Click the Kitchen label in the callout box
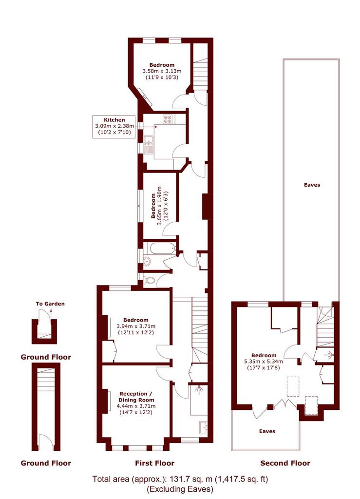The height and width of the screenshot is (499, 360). coord(114,120)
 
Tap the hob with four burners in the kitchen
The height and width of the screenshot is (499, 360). coord(168,119)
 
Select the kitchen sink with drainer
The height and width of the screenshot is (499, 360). coord(148,145)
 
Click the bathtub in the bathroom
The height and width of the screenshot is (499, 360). coord(163,248)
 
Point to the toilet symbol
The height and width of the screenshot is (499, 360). coord(150,280)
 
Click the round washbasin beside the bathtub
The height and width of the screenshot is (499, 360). coord(147,262)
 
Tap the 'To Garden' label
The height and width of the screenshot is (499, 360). coord(50,304)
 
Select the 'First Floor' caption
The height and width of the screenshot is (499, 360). coord(155,463)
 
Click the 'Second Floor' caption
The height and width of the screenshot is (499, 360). coord(285,463)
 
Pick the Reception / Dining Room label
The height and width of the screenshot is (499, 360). coord(136,397)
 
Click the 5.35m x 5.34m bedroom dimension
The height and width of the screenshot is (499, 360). coord(264,362)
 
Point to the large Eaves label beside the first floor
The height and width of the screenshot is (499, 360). coord(312,185)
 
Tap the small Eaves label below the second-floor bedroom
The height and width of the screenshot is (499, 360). coord(267,431)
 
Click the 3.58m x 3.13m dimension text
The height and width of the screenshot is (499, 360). coord(162,71)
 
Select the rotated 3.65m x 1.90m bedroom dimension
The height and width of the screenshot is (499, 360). coord(159,206)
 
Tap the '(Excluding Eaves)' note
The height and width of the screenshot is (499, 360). coord(180,489)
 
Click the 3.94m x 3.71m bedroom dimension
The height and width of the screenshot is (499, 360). coord(136,326)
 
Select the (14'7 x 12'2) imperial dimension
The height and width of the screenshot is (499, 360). coord(136,412)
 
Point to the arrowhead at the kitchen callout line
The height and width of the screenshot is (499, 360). coord(156,126)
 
